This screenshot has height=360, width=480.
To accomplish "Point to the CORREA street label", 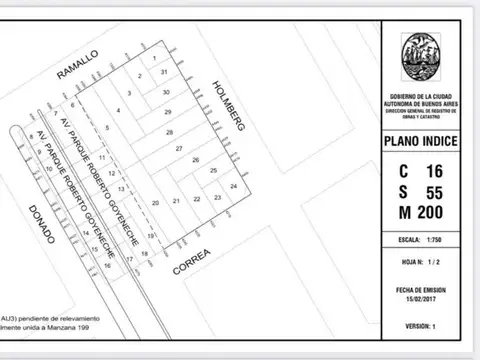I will click(x=192, y=263).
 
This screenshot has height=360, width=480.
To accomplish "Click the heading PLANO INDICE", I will click(x=421, y=142).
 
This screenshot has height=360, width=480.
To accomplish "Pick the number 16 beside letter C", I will click(x=434, y=171).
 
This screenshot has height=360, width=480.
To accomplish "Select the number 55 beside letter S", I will click(x=434, y=192).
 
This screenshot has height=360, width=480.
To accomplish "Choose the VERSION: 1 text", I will click(x=421, y=327).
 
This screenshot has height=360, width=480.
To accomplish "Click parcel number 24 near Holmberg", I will click(x=234, y=187).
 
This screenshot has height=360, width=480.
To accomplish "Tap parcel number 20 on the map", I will click(x=155, y=203).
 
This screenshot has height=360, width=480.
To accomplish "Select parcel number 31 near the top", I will click(x=163, y=73).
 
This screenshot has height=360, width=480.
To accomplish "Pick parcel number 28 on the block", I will click(x=170, y=132).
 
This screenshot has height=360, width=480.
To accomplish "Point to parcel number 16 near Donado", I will click(x=107, y=265).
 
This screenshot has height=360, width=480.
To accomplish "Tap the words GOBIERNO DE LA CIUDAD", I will click(x=421, y=96).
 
